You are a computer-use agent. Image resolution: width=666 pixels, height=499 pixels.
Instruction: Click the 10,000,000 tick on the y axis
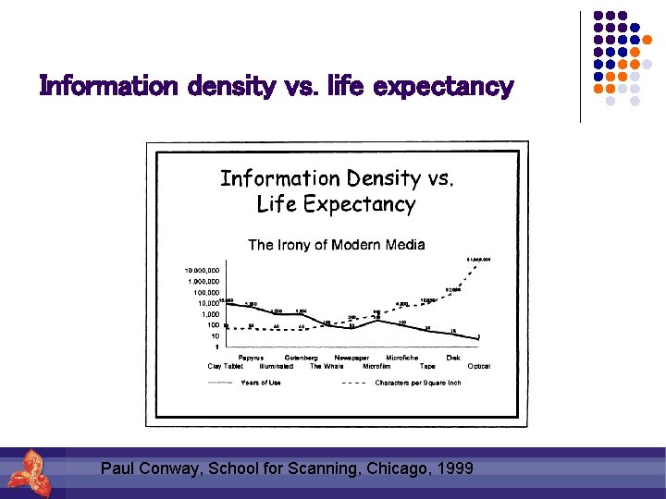201,271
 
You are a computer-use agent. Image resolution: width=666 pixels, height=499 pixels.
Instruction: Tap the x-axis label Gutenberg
302,358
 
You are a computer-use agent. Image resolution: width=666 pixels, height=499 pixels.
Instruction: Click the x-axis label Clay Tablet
225,366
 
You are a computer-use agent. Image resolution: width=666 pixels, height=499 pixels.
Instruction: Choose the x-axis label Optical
478,366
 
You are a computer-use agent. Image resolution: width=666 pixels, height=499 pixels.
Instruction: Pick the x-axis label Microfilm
376,366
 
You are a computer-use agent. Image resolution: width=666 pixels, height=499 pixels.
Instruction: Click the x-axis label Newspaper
351,358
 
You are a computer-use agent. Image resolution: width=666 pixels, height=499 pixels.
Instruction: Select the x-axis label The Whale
327,366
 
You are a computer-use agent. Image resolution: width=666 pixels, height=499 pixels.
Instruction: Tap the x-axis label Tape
427,366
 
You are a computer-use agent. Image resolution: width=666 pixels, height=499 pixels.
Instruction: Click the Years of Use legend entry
260,383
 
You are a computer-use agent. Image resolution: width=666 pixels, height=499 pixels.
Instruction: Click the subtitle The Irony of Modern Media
336,245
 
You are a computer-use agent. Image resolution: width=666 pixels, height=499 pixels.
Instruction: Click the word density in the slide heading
230,87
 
